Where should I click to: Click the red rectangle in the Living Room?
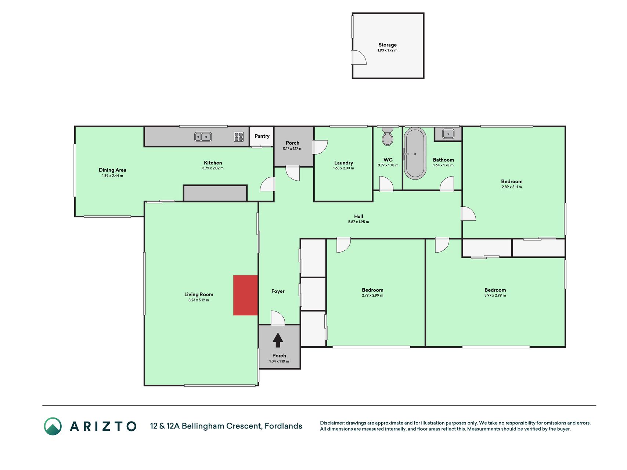[x=245, y=295]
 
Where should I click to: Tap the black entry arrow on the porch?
[x=278, y=340]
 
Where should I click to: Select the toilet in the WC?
[x=388, y=136]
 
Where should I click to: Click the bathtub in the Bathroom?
[x=415, y=153]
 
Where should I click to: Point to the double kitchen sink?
[x=203, y=137]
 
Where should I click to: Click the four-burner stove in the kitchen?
[x=239, y=137]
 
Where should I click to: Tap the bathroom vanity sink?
[x=448, y=134]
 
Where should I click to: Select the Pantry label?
[x=262, y=136]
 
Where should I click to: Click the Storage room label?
[x=388, y=45]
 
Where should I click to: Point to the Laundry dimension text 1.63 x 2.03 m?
[x=343, y=168]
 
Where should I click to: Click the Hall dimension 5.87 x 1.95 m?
[x=358, y=222]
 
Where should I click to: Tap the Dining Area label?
[x=112, y=170]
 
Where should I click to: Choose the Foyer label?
[x=278, y=291]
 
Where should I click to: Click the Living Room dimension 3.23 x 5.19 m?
[x=199, y=300]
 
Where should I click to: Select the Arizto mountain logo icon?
[x=53, y=426]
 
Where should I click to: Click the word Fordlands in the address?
[x=284, y=426]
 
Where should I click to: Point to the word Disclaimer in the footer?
[x=332, y=423]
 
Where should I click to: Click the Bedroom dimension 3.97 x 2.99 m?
[x=495, y=295]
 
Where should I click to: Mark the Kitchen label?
[x=213, y=163]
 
